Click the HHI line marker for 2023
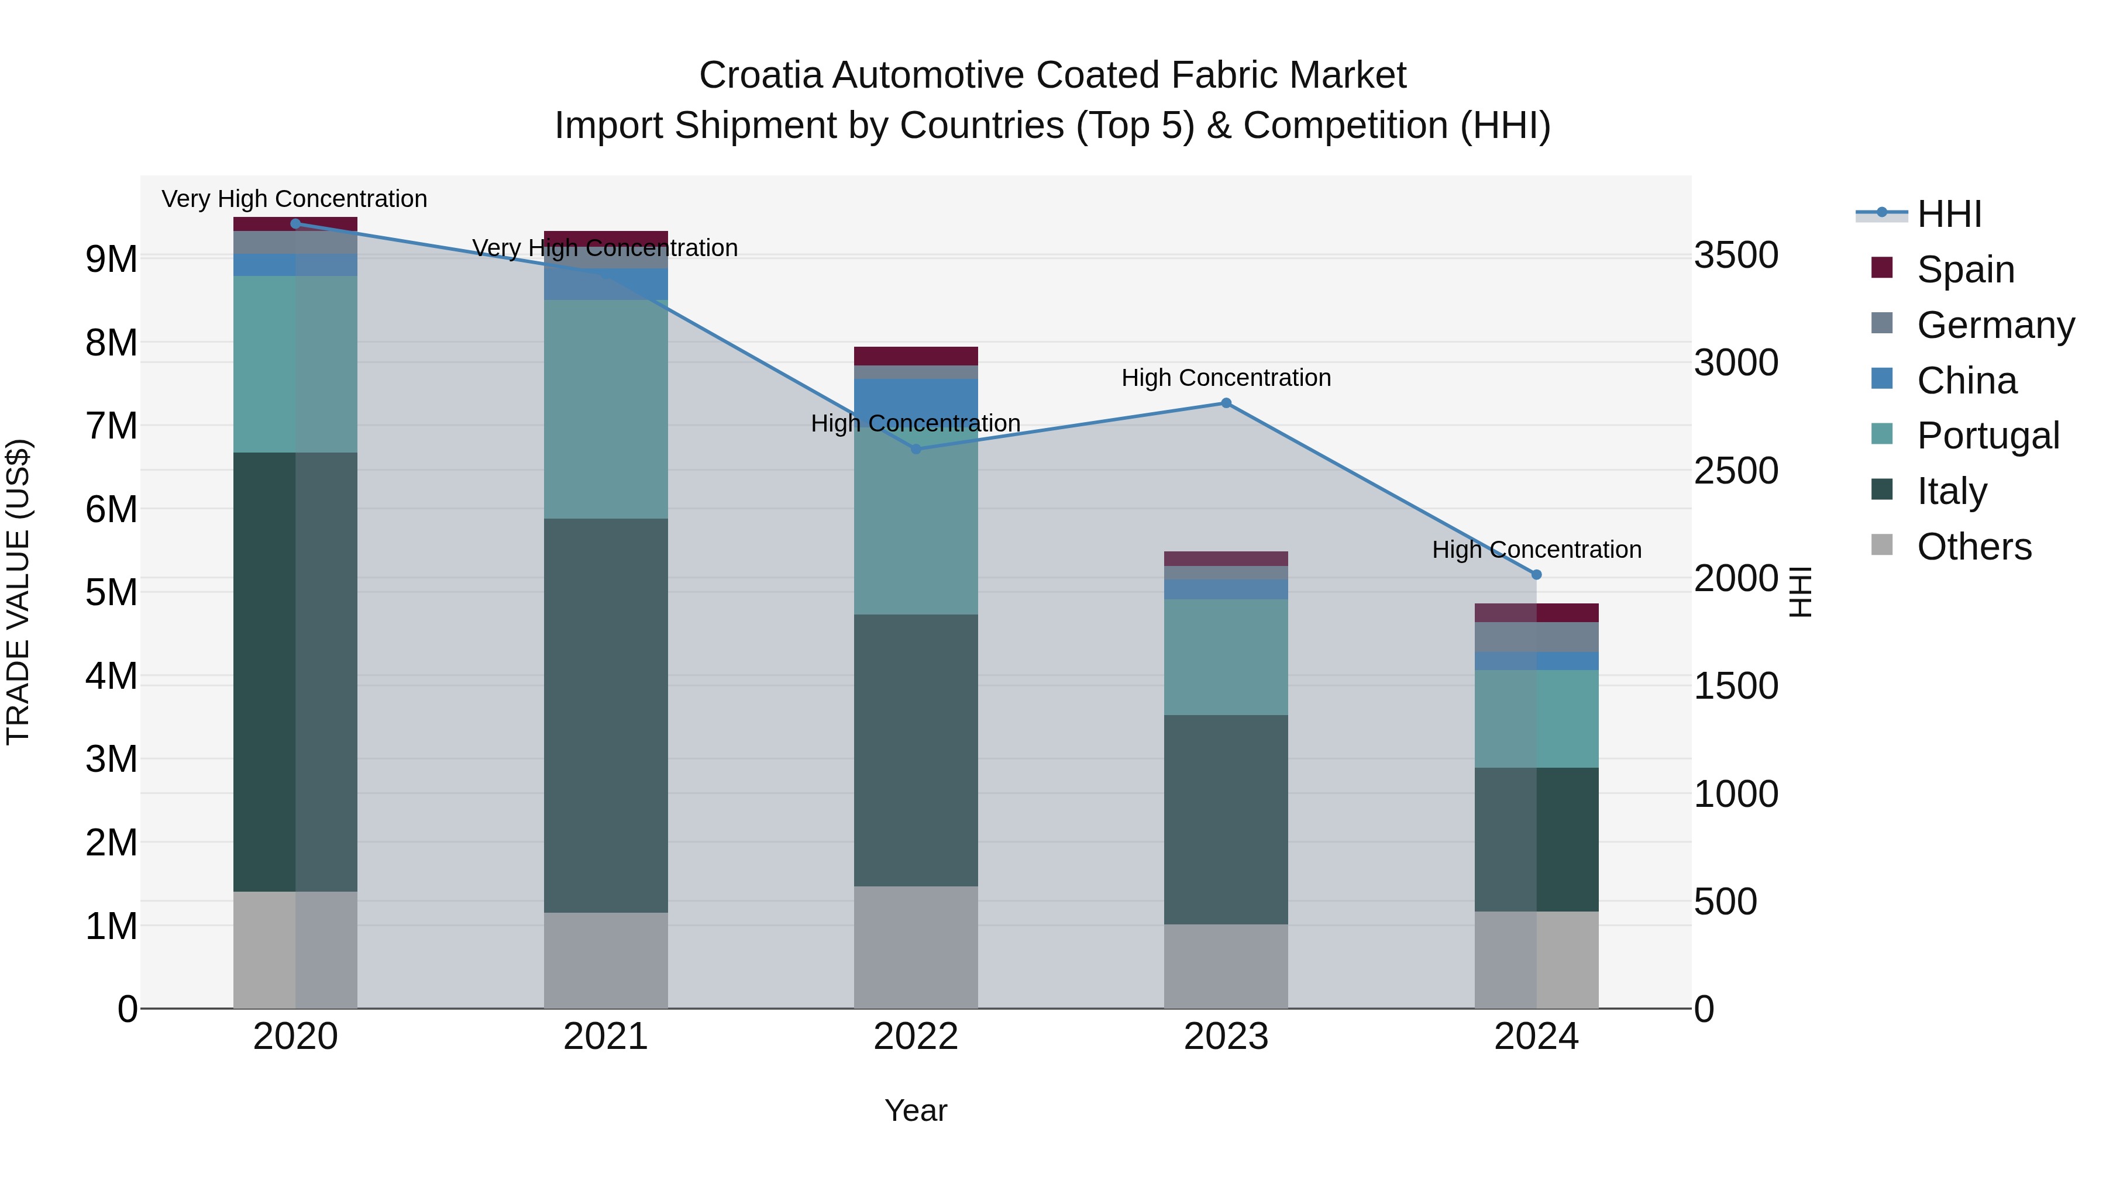click(x=1226, y=403)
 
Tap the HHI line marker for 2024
click(x=1536, y=574)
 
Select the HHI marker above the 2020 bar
click(x=295, y=223)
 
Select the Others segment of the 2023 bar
click(x=1226, y=966)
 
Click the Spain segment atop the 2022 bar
click(x=916, y=355)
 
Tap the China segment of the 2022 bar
click(x=916, y=401)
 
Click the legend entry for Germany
click(x=1995, y=325)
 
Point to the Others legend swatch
click(x=1882, y=545)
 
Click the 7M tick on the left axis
click(x=111, y=426)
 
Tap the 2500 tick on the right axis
click(x=1735, y=471)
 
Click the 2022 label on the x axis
click(x=916, y=1037)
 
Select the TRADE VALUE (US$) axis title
click(x=18, y=592)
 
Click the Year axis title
click(x=916, y=1110)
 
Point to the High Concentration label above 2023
click(x=1226, y=378)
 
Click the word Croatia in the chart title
click(x=759, y=75)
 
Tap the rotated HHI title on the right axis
click(x=1800, y=592)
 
